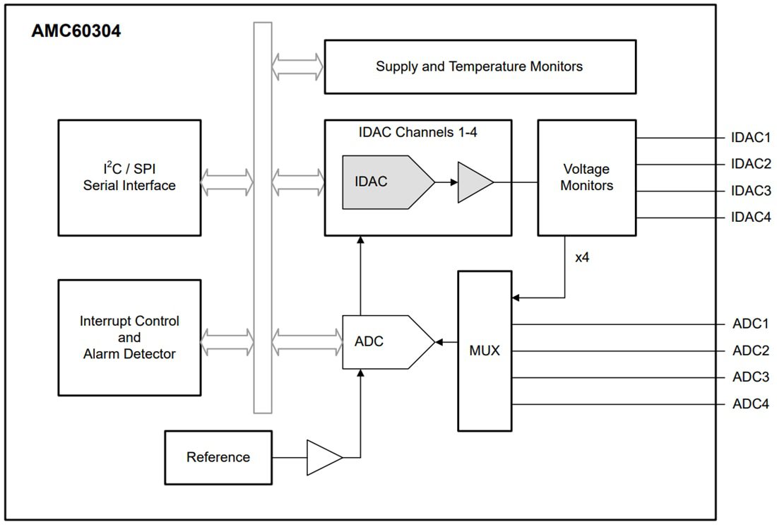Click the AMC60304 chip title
76,32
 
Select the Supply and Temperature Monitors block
480,66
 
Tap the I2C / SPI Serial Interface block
129,177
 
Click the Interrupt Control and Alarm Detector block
129,337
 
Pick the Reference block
218,457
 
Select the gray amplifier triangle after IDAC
473,182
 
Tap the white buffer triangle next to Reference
322,457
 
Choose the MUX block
485,350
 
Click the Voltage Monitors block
586,177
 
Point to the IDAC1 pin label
751,138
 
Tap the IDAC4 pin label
751,218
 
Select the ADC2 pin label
750,350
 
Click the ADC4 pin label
750,404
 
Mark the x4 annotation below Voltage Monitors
582,257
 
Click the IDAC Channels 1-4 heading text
418,131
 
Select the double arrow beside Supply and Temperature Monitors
297,66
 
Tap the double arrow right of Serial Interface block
227,183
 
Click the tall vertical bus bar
263,218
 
